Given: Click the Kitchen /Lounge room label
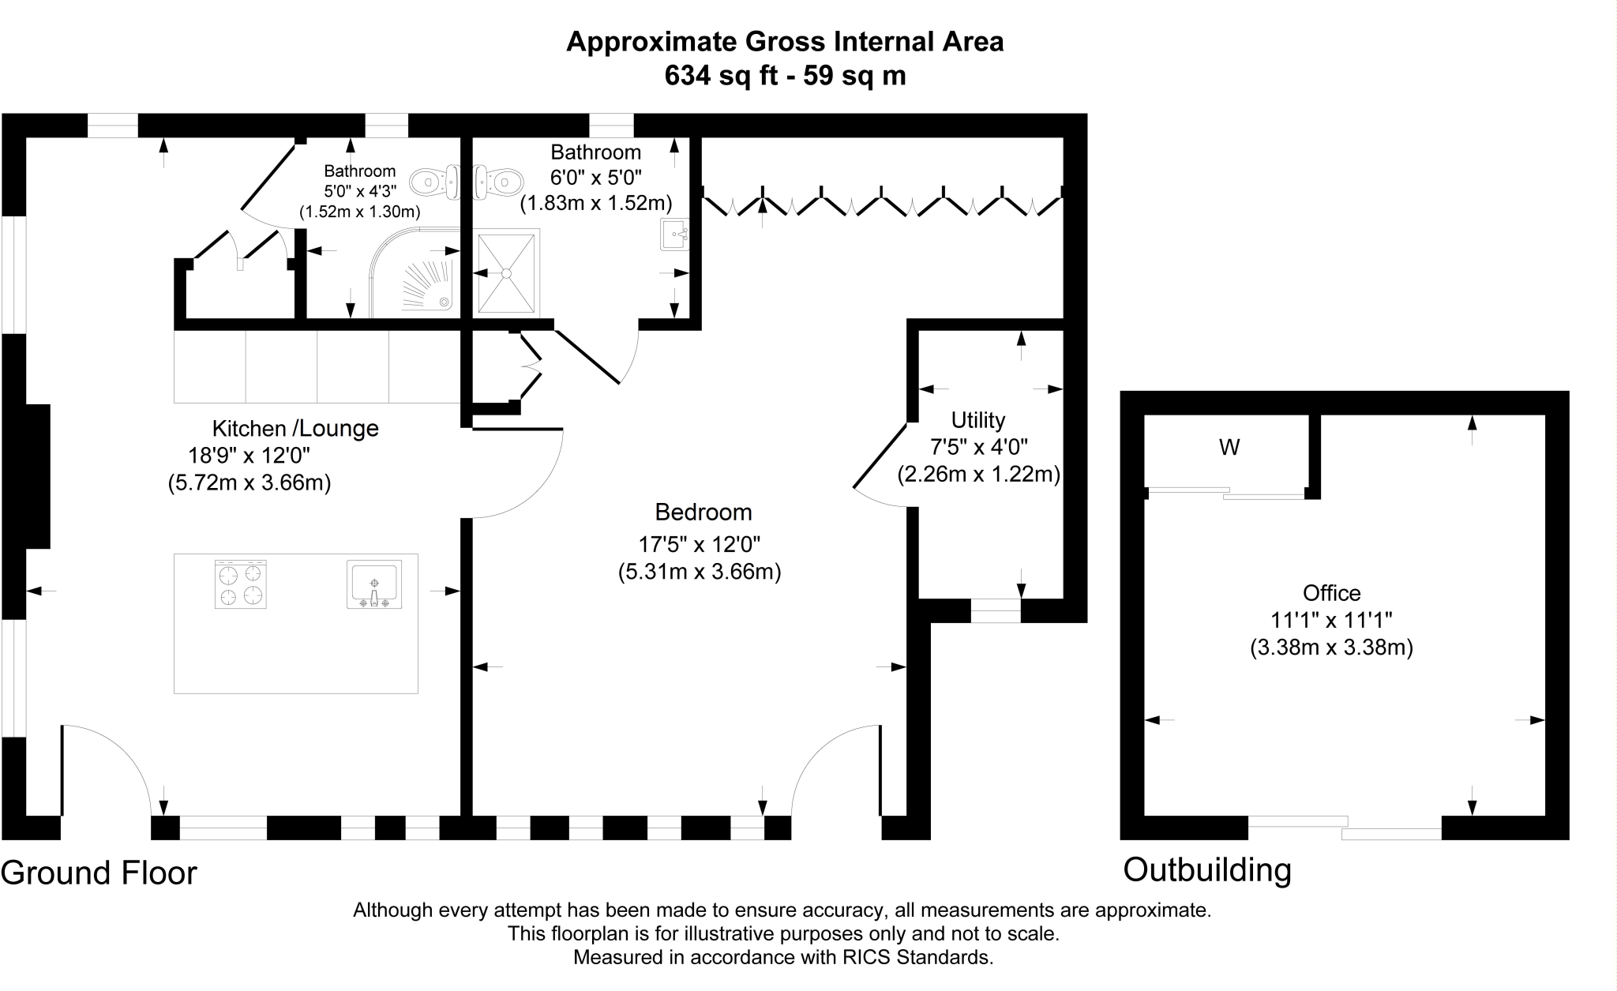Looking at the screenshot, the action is coord(295,429).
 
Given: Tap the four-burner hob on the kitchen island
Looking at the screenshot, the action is coord(241,584).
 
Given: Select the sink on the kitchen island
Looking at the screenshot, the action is coord(374,584).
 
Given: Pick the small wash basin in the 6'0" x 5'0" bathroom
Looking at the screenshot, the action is coord(674,234).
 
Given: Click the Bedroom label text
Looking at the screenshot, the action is coord(703,512).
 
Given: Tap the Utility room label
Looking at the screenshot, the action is coord(977,420).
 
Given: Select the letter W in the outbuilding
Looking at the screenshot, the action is coord(1229,448).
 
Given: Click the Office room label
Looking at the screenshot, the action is coord(1331,593).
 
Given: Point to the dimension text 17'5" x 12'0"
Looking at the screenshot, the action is coord(699,544).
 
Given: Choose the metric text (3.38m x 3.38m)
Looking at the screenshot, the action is coord(1331,648).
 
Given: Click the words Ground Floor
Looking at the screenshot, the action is coord(99,873).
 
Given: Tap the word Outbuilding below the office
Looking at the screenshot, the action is coord(1207,870).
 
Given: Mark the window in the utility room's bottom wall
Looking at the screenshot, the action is coord(995,610).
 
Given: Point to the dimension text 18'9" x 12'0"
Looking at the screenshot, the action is coord(249,456).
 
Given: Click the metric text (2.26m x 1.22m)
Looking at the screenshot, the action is coord(978,475).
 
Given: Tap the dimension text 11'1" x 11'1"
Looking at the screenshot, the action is coord(1331,620).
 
